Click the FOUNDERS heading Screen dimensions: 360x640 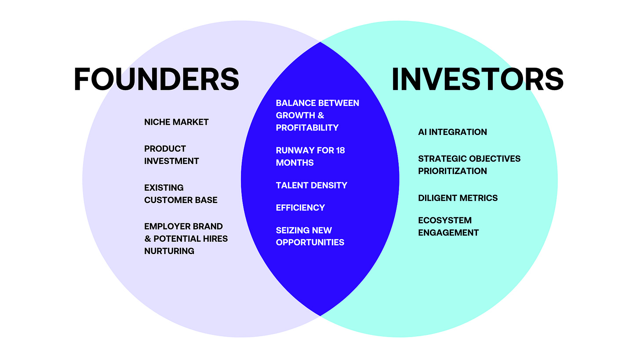coord(156,79)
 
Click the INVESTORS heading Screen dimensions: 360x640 coord(477,79)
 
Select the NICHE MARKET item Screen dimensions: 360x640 coord(176,122)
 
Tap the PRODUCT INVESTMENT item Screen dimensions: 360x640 coord(171,155)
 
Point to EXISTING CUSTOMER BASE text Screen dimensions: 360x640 coord(181,193)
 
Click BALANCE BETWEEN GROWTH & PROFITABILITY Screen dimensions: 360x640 coord(317,115)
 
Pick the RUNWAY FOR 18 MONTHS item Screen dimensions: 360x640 coord(310,156)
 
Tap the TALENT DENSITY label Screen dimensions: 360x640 coord(311,185)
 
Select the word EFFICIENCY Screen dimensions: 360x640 coord(300,207)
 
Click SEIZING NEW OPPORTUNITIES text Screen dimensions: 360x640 coord(310,236)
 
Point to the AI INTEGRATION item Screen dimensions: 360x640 coord(452,132)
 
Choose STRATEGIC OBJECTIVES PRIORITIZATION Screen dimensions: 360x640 coord(469,164)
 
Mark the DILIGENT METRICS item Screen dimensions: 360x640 coord(458,198)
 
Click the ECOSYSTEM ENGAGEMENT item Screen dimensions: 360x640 coord(448,226)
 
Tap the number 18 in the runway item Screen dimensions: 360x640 coord(340,150)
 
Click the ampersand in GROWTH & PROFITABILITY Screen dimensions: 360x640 coord(320,115)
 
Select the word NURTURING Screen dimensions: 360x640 coord(169,251)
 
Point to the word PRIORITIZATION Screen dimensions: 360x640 coord(452,171)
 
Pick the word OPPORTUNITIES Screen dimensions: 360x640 coord(310,242)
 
